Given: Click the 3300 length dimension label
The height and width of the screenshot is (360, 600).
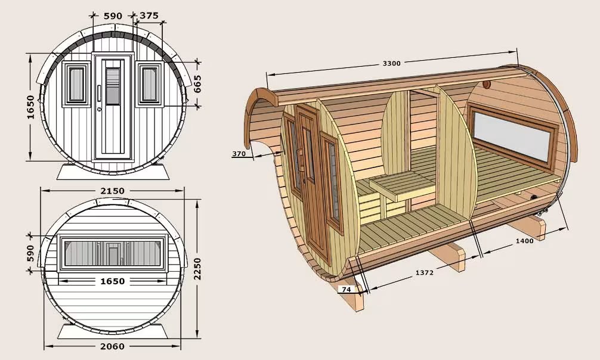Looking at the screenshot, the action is pyautogui.click(x=391, y=63).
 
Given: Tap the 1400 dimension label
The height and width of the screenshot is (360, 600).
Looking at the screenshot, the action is pyautogui.click(x=524, y=241).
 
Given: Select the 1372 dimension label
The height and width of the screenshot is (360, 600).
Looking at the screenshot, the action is pyautogui.click(x=425, y=273).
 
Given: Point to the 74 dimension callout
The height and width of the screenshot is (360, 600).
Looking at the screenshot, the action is pyautogui.click(x=346, y=290).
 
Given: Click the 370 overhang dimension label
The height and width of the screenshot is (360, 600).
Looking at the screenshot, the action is pyautogui.click(x=239, y=154).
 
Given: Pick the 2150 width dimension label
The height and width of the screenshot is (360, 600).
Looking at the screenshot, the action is pyautogui.click(x=113, y=191).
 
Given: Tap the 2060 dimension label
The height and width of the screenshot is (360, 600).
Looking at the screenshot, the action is pyautogui.click(x=113, y=346).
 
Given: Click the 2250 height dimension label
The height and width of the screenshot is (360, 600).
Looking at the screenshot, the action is pyautogui.click(x=197, y=269).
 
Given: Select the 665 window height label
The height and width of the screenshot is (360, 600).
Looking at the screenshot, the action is pyautogui.click(x=197, y=84).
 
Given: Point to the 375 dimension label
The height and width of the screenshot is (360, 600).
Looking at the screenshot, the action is pyautogui.click(x=149, y=15).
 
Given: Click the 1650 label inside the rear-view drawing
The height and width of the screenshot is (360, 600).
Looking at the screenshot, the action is pyautogui.click(x=113, y=281).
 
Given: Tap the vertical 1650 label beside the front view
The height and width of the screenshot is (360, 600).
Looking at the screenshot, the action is pyautogui.click(x=30, y=107).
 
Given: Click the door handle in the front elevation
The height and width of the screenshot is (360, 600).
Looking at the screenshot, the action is pyautogui.click(x=99, y=94).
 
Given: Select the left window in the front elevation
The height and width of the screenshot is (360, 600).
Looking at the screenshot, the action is pyautogui.click(x=76, y=85).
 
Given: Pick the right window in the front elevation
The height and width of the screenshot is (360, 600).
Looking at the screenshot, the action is pyautogui.click(x=150, y=85).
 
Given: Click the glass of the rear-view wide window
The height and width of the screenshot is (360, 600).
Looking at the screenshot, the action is pyautogui.click(x=113, y=254).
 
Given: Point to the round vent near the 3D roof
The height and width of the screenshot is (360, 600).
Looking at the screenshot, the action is pyautogui.click(x=486, y=85).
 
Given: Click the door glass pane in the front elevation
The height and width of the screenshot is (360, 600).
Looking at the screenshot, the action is pyautogui.click(x=113, y=86).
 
